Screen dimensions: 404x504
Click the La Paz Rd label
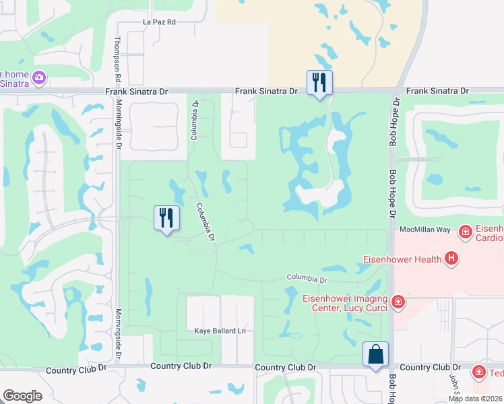[x=159, y=22]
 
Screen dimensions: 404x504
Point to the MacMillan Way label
[x=424, y=230]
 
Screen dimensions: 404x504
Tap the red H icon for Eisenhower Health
[x=451, y=258]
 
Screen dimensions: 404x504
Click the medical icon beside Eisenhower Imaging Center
[x=398, y=302]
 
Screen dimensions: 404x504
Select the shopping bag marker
[x=375, y=355]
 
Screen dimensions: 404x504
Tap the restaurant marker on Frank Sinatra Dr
[x=319, y=83]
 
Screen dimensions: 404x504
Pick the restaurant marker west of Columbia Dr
[x=166, y=217]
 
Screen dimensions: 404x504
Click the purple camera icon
[x=38, y=78]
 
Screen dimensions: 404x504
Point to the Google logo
[x=22, y=396]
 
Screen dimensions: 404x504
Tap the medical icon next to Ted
[x=478, y=372]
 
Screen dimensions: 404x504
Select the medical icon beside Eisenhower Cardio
[x=464, y=233]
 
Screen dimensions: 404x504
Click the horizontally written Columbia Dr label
[x=306, y=278]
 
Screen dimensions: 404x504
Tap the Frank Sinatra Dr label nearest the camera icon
[x=135, y=91]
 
